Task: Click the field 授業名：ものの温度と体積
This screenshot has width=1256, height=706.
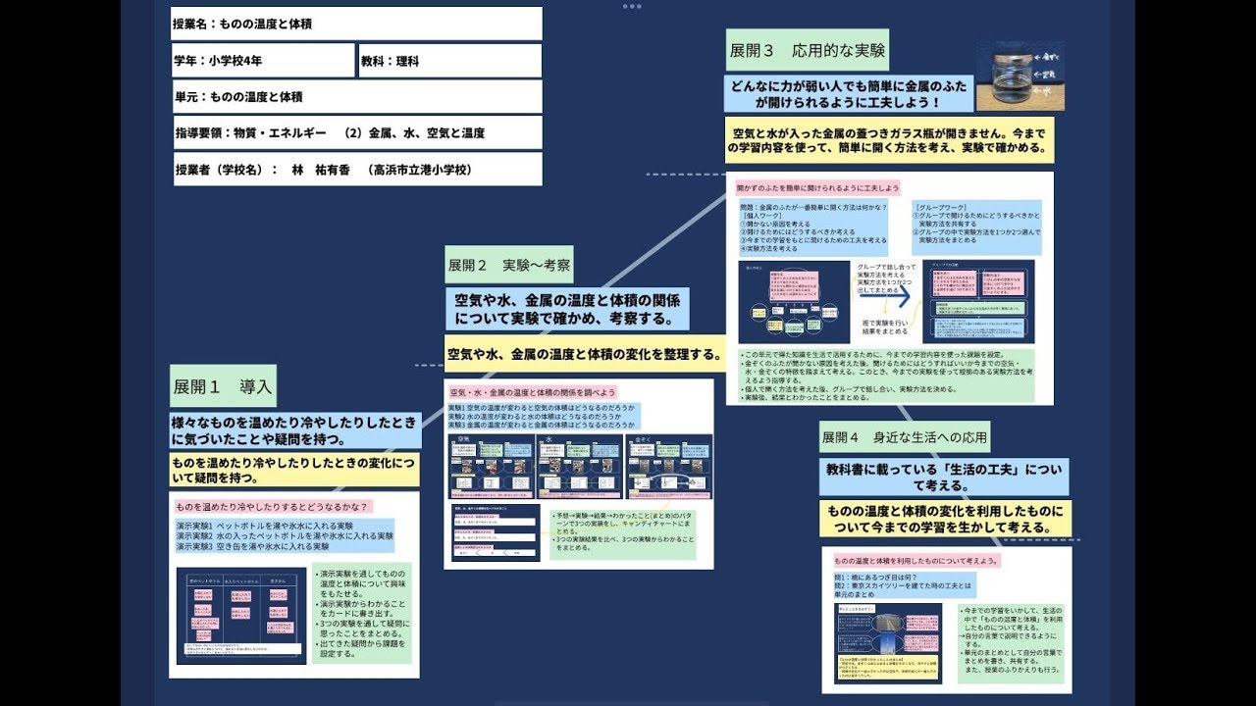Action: (x=356, y=24)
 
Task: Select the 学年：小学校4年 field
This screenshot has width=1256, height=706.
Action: (x=263, y=60)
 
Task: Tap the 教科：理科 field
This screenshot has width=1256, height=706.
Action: (x=449, y=60)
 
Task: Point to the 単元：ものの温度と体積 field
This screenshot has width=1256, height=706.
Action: (x=356, y=96)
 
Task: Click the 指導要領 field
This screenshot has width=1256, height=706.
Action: (x=356, y=132)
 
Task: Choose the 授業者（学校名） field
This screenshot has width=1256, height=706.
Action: (x=356, y=169)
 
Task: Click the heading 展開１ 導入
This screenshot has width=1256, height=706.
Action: (x=223, y=386)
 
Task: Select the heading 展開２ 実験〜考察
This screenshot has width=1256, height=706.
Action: (x=508, y=265)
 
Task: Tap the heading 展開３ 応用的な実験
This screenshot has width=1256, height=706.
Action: (x=808, y=50)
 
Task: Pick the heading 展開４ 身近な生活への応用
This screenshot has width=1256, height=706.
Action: (x=905, y=436)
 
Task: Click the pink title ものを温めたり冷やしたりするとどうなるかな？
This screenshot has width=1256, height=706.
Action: (x=272, y=507)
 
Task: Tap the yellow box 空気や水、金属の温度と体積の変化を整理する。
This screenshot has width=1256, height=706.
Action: (x=586, y=353)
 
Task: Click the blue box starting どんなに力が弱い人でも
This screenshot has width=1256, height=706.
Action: (x=850, y=93)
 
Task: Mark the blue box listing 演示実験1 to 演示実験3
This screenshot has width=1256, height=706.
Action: (x=285, y=536)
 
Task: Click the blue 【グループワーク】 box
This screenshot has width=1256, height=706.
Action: (x=975, y=227)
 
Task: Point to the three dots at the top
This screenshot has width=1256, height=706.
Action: (x=631, y=6)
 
